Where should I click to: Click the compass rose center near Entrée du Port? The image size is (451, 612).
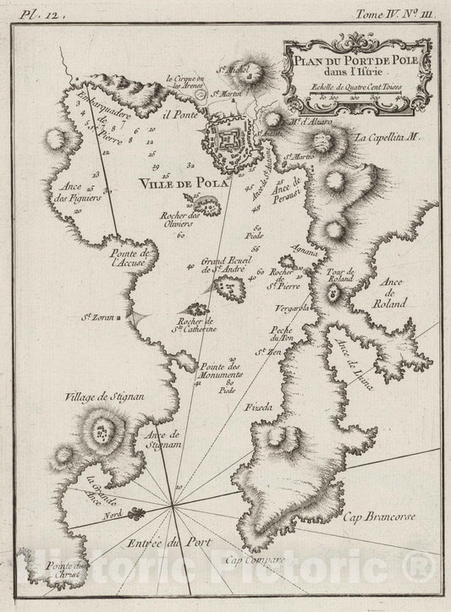click(174, 505)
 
